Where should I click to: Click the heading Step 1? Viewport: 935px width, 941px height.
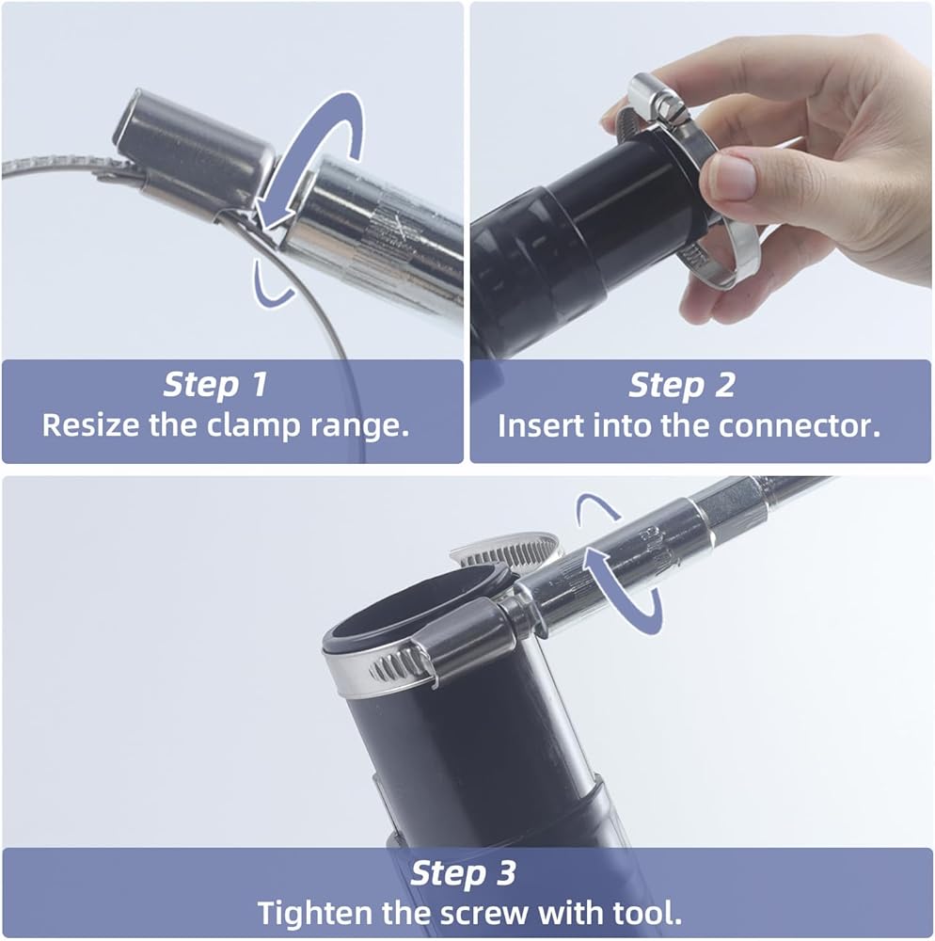tap(214, 385)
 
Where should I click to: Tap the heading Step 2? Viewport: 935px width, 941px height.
tap(681, 385)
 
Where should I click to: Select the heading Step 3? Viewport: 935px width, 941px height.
tap(463, 873)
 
